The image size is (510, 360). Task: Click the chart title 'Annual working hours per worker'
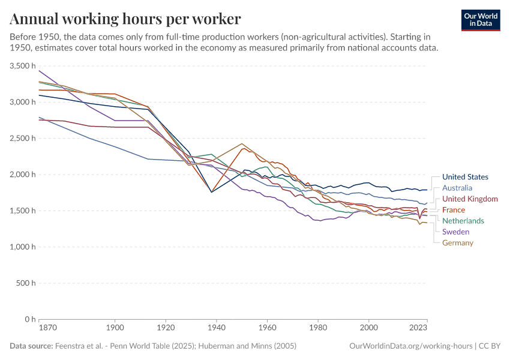point(125,19)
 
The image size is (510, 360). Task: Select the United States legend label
point(465,177)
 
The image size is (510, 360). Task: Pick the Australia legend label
point(457,188)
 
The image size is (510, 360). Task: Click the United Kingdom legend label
point(470,199)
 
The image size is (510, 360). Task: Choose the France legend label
point(454,210)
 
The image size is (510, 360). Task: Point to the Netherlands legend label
point(463,221)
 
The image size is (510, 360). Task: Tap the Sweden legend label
point(455,232)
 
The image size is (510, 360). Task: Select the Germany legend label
point(458,243)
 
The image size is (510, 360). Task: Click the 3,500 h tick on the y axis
point(23,66)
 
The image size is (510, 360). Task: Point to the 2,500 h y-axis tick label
point(23,139)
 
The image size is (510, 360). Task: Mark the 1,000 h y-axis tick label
point(23,247)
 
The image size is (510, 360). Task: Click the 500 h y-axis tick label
point(26,283)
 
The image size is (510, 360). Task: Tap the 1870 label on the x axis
point(38,328)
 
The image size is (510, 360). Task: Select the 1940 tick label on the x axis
point(217,328)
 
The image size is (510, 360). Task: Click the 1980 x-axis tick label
point(318,328)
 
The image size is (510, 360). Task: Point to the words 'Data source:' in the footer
point(31,346)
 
